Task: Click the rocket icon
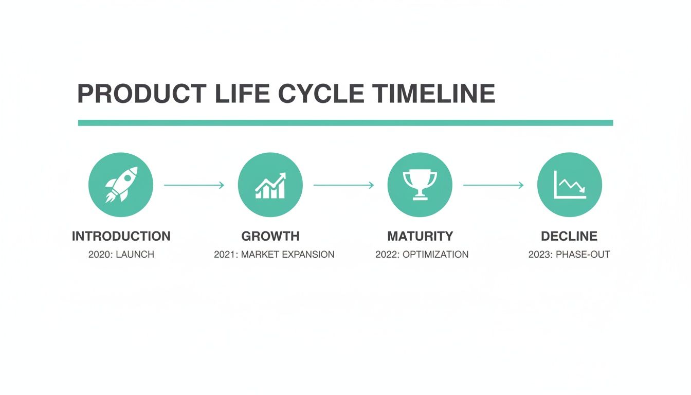[121, 185]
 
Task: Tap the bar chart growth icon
[270, 185]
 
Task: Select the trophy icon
[420, 185]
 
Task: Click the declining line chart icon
[569, 185]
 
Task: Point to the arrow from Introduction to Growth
[194, 185]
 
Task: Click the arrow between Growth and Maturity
[343, 185]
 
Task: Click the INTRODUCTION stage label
[121, 236]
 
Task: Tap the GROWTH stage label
[270, 236]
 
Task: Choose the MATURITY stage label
[420, 236]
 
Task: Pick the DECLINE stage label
[569, 236]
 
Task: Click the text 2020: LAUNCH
[121, 255]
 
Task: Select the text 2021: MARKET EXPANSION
[274, 255]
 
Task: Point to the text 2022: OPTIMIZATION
[422, 255]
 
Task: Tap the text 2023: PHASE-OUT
[569, 255]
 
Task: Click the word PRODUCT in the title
[139, 94]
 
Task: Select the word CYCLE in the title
[321, 94]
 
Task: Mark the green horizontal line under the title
[345, 123]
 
